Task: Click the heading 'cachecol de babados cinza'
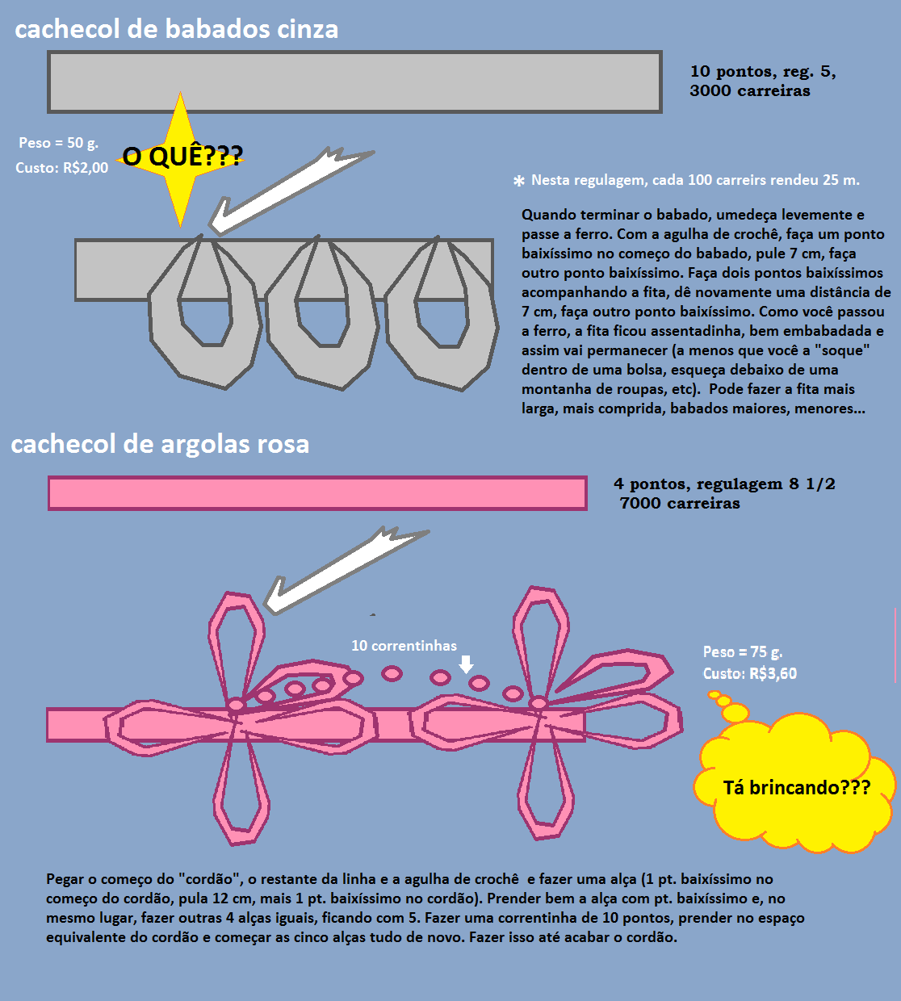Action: (x=176, y=29)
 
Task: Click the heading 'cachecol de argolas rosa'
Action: (x=160, y=444)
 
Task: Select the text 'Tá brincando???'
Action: (x=796, y=788)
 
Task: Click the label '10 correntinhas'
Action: (x=404, y=646)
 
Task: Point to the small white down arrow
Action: (x=466, y=664)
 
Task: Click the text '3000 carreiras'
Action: (x=750, y=91)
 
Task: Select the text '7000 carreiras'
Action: (x=680, y=504)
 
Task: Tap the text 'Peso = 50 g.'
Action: (x=58, y=143)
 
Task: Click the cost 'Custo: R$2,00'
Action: (x=62, y=168)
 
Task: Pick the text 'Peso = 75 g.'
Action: (x=743, y=652)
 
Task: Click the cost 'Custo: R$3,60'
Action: (x=750, y=673)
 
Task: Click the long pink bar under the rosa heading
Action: (x=316, y=493)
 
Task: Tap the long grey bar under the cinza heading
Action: (x=354, y=82)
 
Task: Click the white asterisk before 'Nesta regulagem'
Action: (x=519, y=182)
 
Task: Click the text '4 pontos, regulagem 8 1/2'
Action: (x=724, y=484)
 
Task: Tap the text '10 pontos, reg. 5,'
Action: (x=763, y=72)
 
